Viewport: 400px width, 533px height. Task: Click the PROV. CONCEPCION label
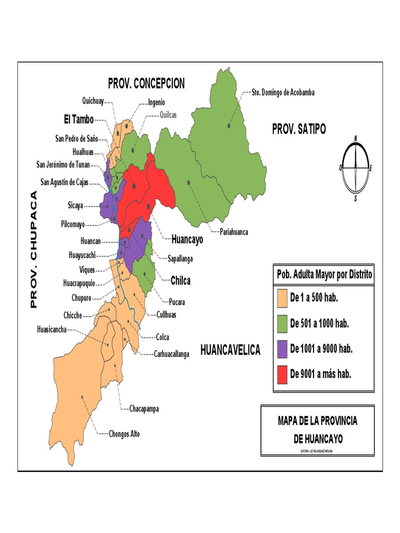tap(146, 84)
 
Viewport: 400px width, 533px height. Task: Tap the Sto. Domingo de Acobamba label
tap(283, 93)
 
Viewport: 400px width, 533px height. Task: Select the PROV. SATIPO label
tap(298, 130)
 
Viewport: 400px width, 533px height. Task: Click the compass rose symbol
tap(355, 167)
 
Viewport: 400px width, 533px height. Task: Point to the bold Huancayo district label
tap(187, 240)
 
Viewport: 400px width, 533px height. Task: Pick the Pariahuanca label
tap(230, 232)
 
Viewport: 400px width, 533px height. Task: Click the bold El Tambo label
tap(79, 120)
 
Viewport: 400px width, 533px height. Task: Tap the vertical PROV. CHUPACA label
tap(34, 249)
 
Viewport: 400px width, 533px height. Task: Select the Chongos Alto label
tap(124, 434)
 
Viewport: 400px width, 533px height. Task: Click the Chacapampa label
tap(144, 409)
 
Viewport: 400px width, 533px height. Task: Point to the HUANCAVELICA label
tap(230, 350)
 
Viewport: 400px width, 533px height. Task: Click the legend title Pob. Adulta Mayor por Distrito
tap(323, 274)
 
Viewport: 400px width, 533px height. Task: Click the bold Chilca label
tap(180, 281)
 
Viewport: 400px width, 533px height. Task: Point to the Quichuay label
tap(93, 101)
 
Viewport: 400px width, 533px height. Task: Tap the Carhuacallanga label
tap(171, 354)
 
